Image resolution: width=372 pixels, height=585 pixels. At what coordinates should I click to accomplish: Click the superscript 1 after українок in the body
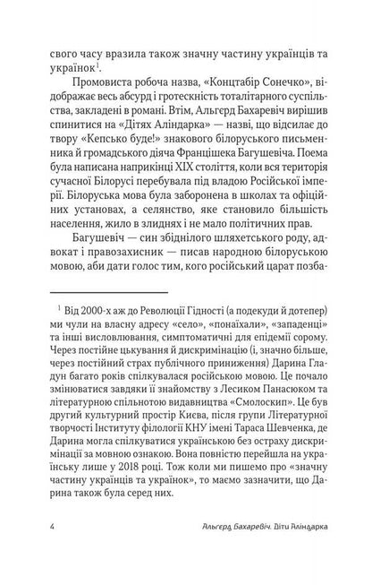[x=99, y=65]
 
